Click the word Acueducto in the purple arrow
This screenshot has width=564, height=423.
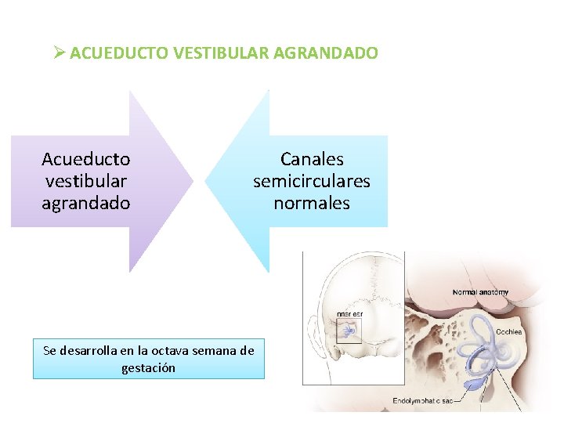click(86, 160)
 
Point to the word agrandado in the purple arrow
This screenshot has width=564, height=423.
click(86, 203)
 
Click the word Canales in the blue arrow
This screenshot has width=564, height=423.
click(312, 160)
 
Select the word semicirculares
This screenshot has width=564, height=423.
click(312, 181)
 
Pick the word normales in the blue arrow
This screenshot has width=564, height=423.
click(312, 203)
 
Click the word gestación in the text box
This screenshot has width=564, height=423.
click(149, 367)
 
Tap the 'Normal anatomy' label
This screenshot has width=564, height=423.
click(480, 292)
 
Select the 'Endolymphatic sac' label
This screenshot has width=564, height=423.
click(422, 402)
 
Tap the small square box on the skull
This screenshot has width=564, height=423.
click(348, 331)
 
